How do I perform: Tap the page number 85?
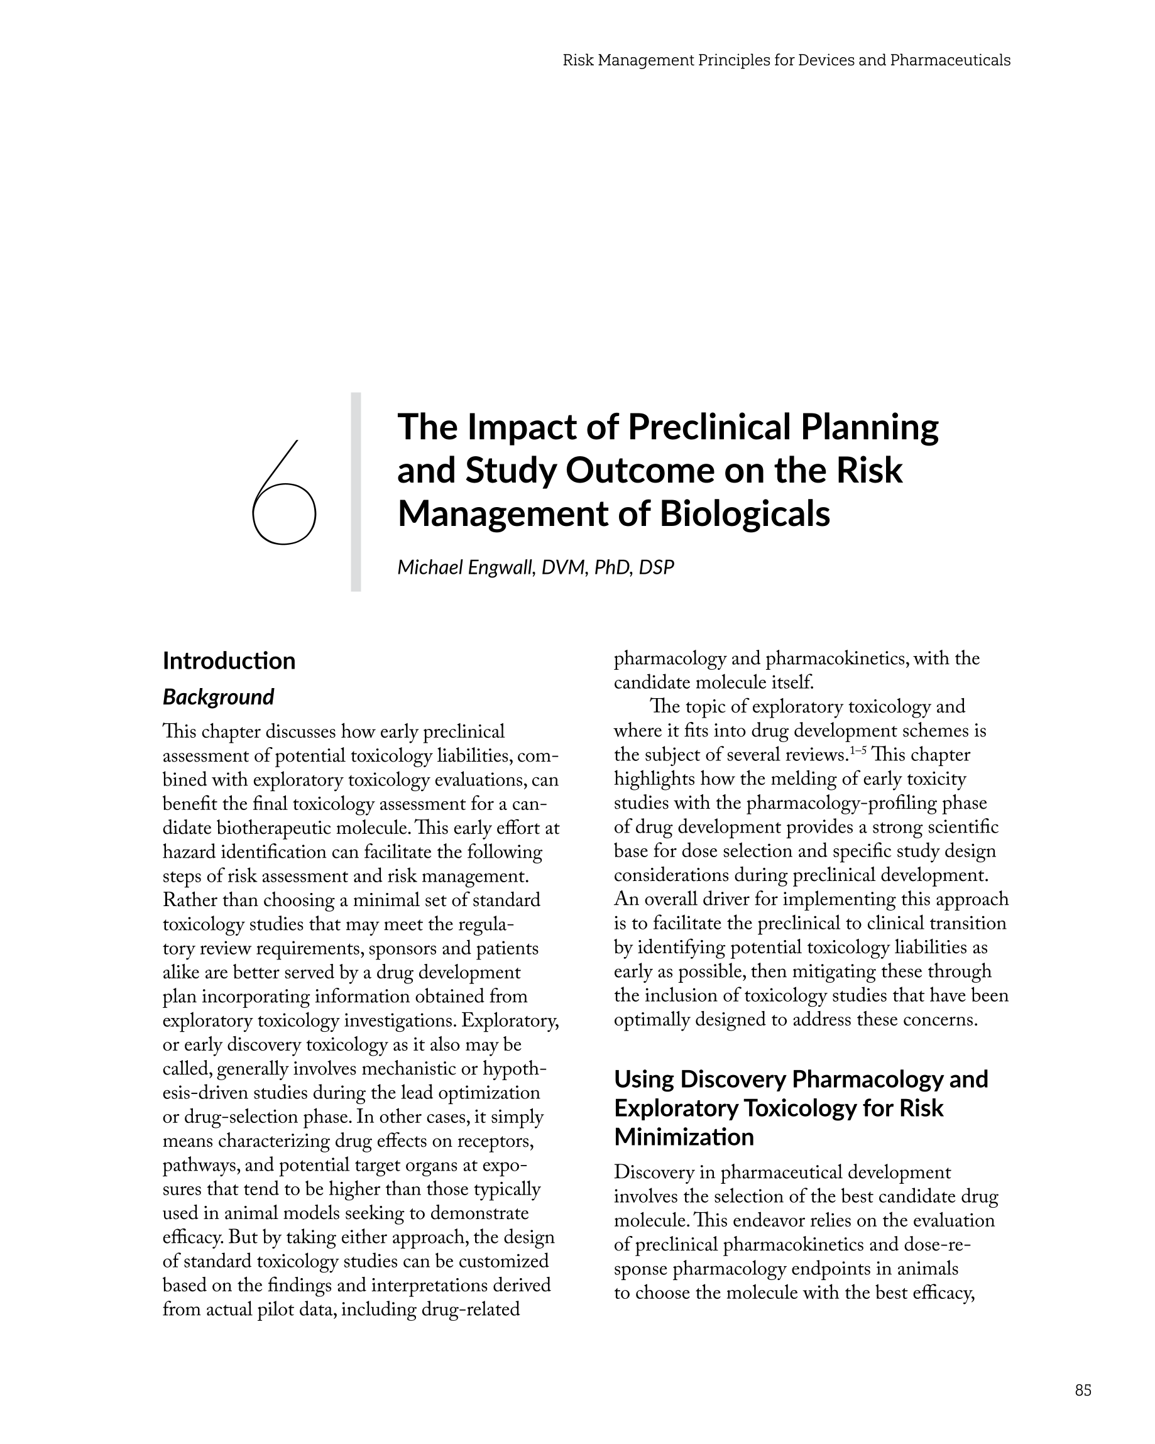point(1083,1390)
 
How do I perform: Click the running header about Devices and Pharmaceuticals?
point(786,60)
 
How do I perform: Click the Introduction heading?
point(229,660)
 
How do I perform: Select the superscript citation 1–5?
point(858,750)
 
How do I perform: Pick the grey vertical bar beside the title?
point(356,491)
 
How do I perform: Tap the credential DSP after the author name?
point(656,567)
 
